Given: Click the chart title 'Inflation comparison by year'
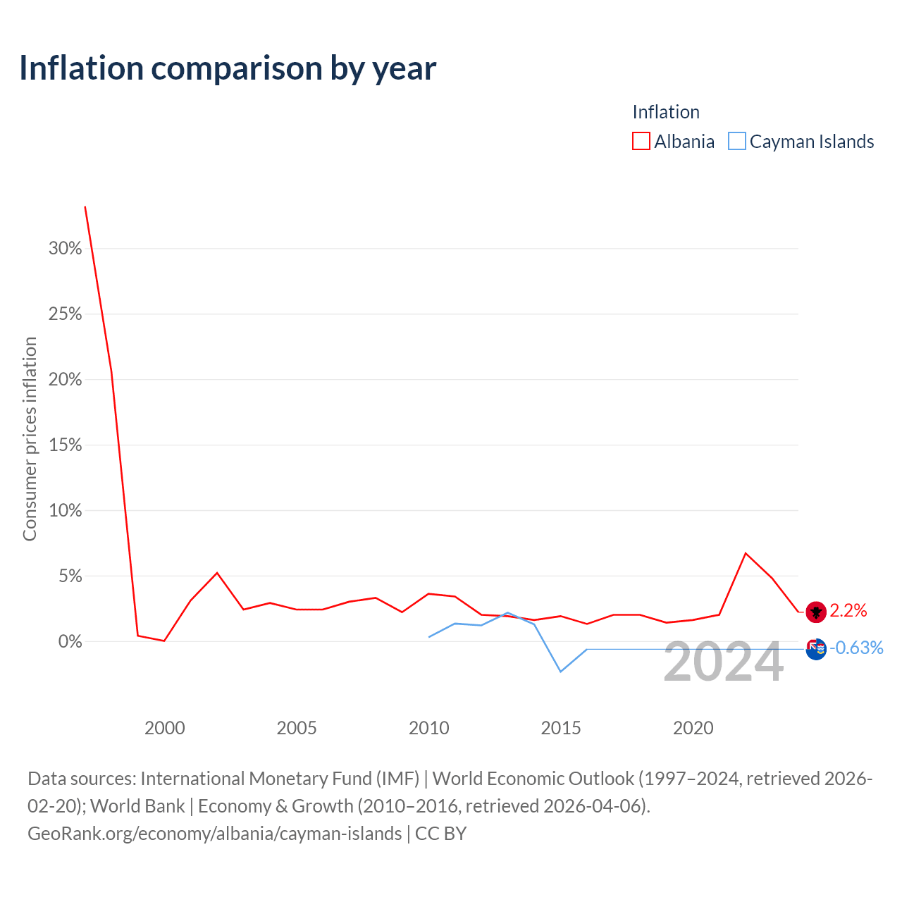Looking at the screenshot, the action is [228, 68].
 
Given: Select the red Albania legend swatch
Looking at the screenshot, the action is [641, 141].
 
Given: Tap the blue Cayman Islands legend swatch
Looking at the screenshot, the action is [737, 141].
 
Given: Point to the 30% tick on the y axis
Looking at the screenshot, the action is [65, 248].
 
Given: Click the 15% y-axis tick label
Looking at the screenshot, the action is [65, 445].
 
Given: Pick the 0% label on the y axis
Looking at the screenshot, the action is [70, 641].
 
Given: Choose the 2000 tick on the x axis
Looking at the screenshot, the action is [165, 728].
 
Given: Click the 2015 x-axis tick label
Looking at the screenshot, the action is [561, 728].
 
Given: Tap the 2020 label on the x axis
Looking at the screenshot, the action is [693, 728].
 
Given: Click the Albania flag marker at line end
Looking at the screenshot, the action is [816, 612].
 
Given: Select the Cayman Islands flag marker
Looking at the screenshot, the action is [816, 649].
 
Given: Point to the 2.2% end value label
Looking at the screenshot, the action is [848, 611].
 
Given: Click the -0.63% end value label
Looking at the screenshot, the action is [857, 648].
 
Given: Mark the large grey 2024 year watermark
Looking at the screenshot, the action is [724, 662].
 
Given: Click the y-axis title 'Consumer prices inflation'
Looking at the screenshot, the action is [30, 439].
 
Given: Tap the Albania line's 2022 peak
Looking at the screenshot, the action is [746, 553].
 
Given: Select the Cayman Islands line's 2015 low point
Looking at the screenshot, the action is [561, 672].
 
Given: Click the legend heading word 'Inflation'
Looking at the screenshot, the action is [666, 112].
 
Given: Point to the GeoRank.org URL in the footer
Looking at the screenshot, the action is [215, 834].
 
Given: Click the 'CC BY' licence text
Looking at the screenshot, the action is [441, 834].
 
